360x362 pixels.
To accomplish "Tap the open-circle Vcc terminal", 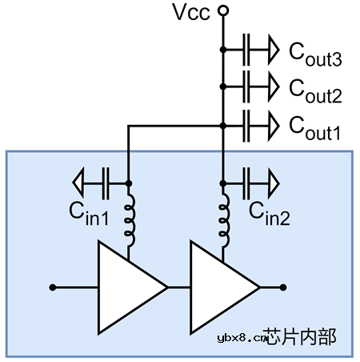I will coord(222,11).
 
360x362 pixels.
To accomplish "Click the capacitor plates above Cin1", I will coord(105,183).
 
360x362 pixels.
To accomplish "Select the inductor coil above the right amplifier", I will coord(222,220).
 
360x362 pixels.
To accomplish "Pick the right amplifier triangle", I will coord(219,287).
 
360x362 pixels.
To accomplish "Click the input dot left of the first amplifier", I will coord(52,287).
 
